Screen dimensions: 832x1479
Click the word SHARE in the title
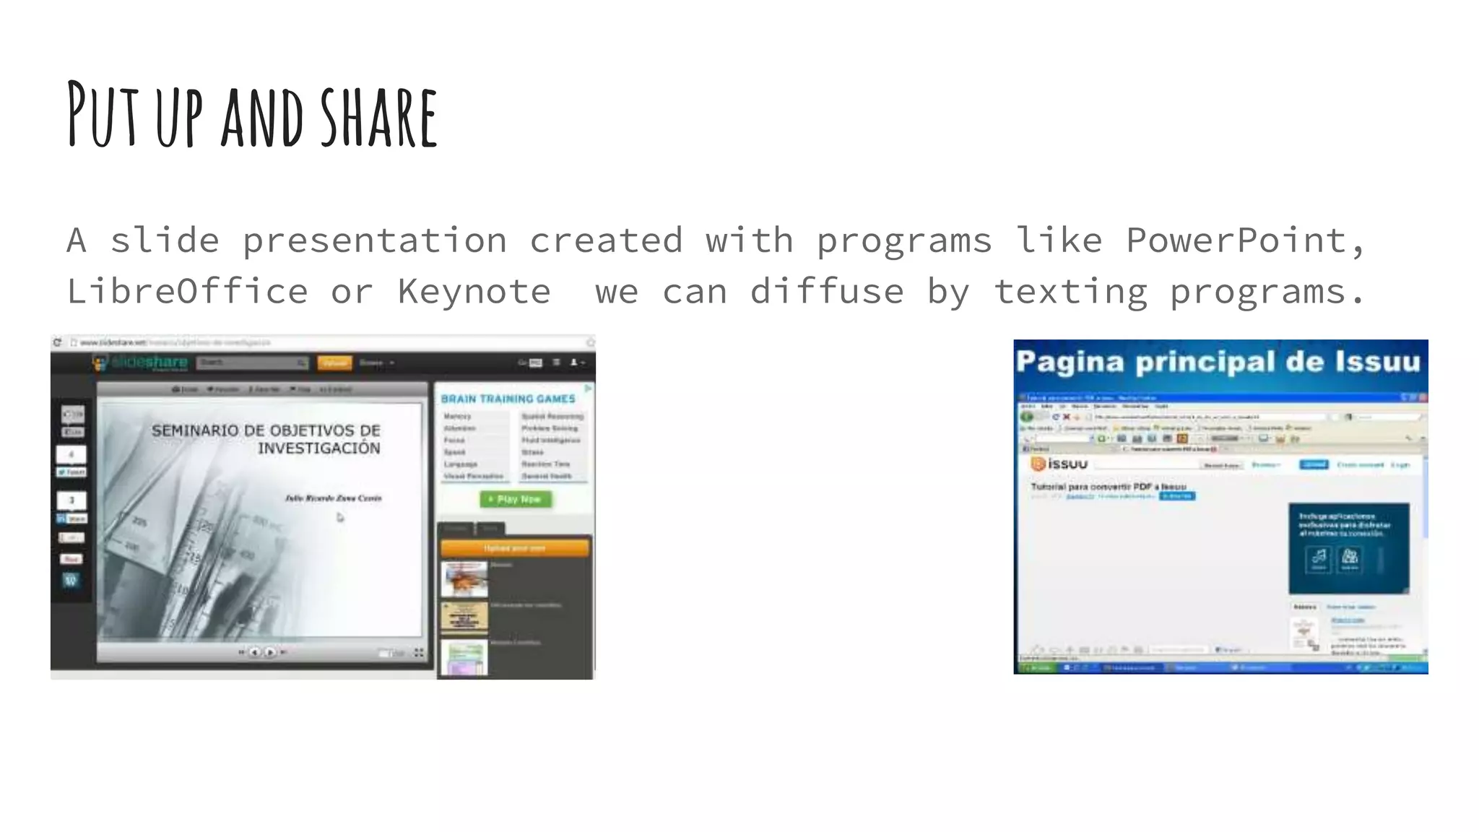(379, 118)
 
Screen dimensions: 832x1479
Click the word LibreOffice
(187, 292)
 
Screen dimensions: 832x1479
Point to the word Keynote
(474, 292)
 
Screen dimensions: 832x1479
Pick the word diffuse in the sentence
(826, 292)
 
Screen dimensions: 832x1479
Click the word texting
(1070, 292)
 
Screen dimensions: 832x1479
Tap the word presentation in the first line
(374, 240)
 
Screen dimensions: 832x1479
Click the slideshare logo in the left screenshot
(142, 363)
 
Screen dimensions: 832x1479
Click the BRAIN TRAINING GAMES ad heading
(508, 399)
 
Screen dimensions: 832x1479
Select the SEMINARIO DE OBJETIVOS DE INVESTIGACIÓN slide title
(266, 439)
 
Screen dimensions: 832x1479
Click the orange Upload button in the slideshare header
(334, 363)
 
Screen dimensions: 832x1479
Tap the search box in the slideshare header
(251, 363)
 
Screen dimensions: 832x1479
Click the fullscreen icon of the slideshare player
(419, 653)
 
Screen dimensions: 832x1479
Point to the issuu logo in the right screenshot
(1059, 464)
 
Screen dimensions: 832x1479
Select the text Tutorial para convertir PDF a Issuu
(1108, 487)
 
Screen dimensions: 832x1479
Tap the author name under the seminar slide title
(333, 498)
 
